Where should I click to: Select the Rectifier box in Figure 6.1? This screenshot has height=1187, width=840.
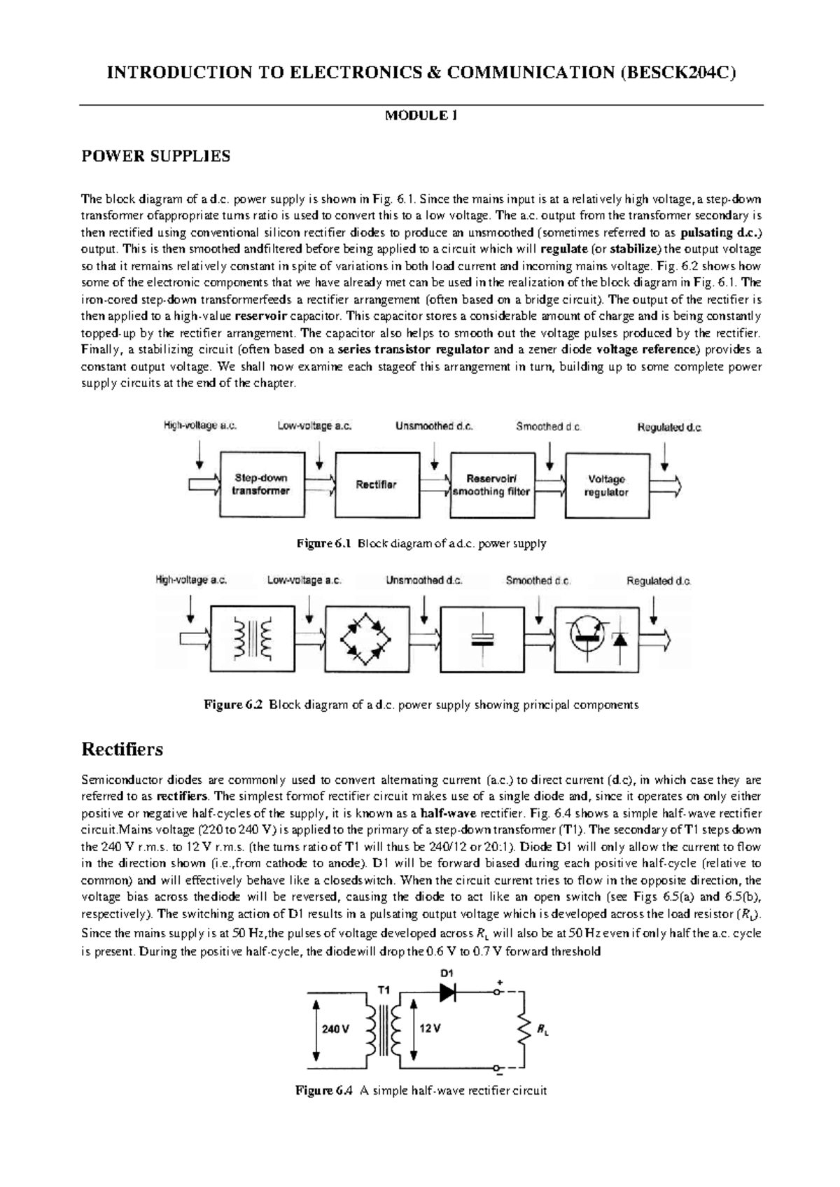click(377, 484)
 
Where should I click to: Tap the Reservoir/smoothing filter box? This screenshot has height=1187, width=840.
click(491, 485)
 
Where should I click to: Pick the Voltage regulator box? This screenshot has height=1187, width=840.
click(606, 485)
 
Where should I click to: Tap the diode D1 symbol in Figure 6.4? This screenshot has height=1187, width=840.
click(447, 992)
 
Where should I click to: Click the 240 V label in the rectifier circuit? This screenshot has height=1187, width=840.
click(335, 1029)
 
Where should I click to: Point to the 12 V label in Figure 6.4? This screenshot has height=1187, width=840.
click(430, 1029)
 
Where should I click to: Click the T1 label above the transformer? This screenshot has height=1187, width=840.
click(384, 990)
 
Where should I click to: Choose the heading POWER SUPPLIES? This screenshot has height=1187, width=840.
click(155, 156)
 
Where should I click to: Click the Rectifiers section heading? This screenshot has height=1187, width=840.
click(122, 750)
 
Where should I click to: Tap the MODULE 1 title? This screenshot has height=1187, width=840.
click(421, 116)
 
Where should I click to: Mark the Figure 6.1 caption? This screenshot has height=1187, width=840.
click(420, 543)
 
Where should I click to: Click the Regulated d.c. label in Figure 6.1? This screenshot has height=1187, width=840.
click(669, 427)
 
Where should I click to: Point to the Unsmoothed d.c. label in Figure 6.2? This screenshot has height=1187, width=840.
click(424, 580)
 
